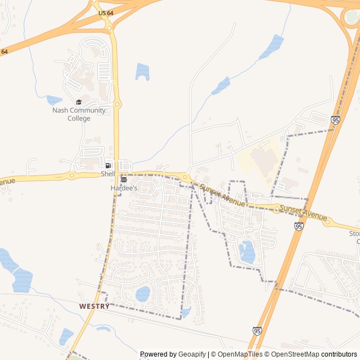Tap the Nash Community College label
[x=79, y=114]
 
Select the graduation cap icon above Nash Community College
[x=79, y=102]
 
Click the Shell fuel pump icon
[x=108, y=165]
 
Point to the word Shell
[x=108, y=174]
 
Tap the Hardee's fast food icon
[x=124, y=179]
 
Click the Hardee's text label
[x=124, y=188]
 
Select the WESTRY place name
[x=94, y=306]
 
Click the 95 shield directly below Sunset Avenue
[x=299, y=226]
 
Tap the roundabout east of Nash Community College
[x=118, y=104]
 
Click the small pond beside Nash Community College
[x=54, y=100]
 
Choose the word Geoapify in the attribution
[x=192, y=354]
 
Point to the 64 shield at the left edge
[x=4, y=52]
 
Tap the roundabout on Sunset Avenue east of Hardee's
[x=184, y=178]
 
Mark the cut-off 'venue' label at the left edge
[x=7, y=182]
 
